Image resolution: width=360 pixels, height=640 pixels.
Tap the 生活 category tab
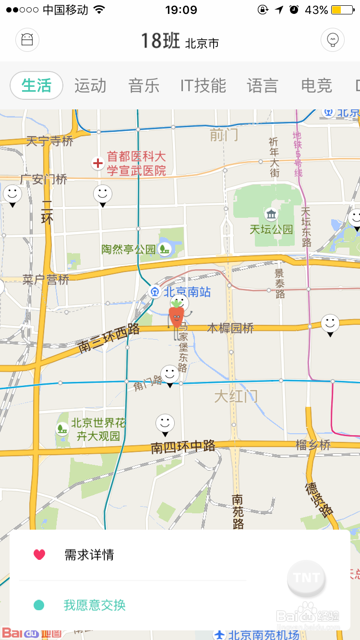36,86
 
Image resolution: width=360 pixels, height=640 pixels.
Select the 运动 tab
90,86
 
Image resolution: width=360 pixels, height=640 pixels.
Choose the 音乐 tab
144,86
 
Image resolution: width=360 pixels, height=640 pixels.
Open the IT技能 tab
203,86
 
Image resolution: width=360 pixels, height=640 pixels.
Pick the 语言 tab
263,86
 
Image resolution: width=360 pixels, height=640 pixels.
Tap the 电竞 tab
316,86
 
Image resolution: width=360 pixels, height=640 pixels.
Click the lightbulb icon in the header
333,40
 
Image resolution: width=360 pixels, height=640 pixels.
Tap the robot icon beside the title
27,40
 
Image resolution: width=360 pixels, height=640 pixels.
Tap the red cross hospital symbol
98,164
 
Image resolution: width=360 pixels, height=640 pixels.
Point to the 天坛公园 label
271,229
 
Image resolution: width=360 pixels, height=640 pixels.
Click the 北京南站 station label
186,292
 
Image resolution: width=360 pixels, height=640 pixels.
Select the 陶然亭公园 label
129,249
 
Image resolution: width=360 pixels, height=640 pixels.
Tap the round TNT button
306,578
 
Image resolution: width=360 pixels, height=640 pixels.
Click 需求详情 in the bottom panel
89,555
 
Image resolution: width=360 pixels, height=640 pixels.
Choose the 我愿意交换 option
95,605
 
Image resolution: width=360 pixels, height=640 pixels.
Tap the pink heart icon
39,555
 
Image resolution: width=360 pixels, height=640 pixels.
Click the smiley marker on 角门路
169,375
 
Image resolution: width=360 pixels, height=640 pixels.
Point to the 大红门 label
236,397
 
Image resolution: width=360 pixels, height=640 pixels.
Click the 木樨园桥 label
230,328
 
